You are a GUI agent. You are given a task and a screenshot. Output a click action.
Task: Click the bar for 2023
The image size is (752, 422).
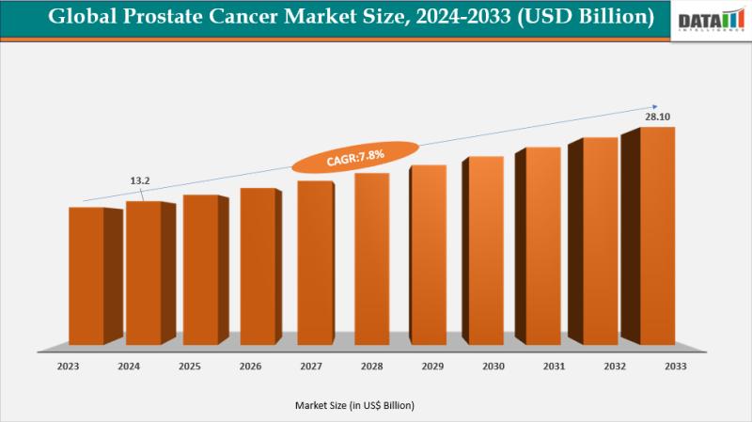point(86,274)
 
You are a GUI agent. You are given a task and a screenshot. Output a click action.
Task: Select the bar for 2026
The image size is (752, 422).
point(258,265)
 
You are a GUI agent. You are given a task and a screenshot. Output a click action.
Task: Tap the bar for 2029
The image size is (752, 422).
point(429,254)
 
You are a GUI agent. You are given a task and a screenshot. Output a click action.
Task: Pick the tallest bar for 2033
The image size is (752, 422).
point(657,235)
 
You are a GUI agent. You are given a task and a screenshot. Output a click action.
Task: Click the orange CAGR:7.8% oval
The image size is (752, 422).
point(354,157)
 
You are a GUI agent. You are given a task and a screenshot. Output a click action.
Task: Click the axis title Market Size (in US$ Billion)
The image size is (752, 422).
point(353,405)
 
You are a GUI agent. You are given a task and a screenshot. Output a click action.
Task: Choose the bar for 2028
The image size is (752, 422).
point(371,258)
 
